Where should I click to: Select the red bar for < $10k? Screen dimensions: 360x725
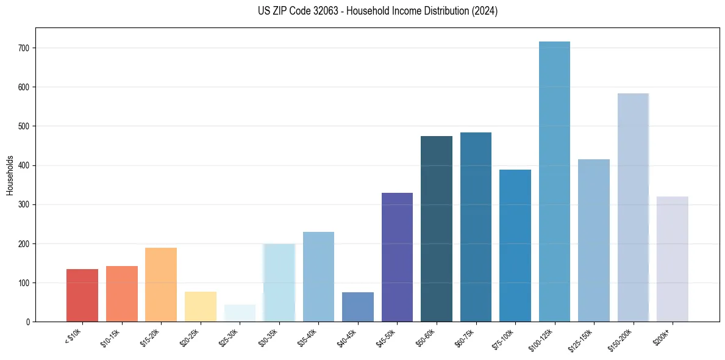[x=82, y=295]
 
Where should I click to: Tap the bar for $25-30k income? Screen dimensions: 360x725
[x=240, y=313]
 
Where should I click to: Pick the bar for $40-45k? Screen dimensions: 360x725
[x=358, y=307]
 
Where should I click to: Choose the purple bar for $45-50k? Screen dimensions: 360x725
[x=397, y=257]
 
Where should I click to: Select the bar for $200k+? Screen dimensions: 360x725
[x=672, y=259]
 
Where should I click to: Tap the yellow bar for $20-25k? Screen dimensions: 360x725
[x=201, y=306]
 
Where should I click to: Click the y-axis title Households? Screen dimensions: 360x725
[x=10, y=175]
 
